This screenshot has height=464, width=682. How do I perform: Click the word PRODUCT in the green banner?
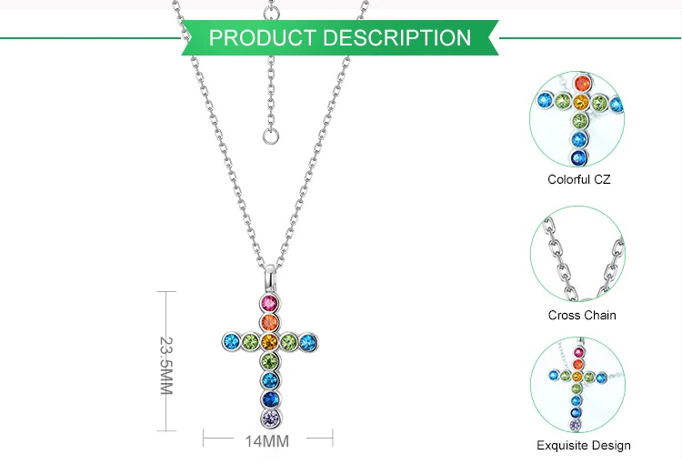point(264,38)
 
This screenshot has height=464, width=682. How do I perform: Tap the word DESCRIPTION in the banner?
point(396,38)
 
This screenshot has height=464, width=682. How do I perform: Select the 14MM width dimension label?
point(266,441)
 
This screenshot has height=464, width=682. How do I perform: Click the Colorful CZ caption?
point(578,179)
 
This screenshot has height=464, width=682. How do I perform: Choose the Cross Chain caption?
point(582,315)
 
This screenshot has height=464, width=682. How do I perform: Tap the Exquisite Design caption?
point(583,445)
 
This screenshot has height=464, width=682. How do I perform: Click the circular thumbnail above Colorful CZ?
point(577,116)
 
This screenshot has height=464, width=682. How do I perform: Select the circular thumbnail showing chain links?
point(577,252)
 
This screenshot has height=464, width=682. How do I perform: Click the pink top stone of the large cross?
point(268,303)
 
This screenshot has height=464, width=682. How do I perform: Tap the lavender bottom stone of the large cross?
point(269,419)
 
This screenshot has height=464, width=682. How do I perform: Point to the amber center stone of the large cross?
point(269,342)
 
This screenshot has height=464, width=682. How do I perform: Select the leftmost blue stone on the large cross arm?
point(230,343)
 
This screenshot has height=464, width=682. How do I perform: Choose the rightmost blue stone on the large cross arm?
point(308,343)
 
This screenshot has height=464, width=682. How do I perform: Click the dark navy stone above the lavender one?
point(269,398)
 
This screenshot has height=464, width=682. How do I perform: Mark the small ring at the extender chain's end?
point(269,136)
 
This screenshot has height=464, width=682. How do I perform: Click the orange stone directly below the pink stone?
point(269,322)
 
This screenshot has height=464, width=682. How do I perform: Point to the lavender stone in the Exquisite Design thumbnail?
point(575,425)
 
